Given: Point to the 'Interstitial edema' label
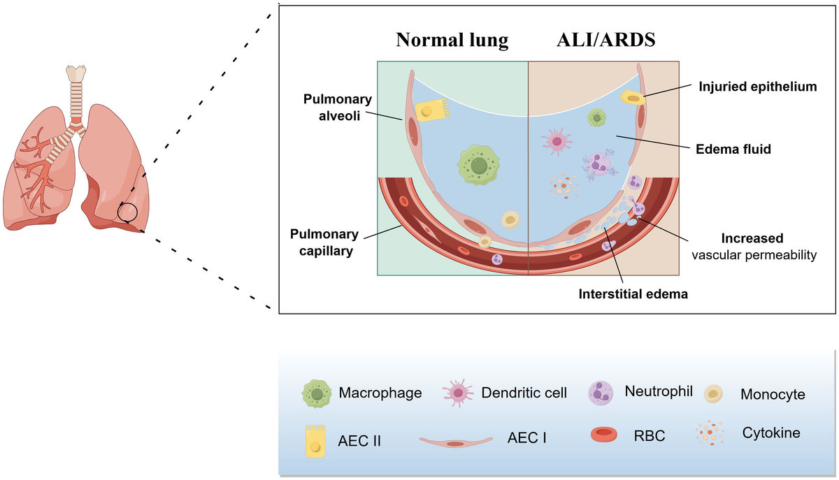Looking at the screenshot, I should pos(633,294).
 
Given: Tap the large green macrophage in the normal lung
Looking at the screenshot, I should pos(479,166).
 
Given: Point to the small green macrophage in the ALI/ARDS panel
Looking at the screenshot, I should pos(596,117).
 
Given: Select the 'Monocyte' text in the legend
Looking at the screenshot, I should pos(773,395).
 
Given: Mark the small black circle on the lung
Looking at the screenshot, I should pos(127,212).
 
